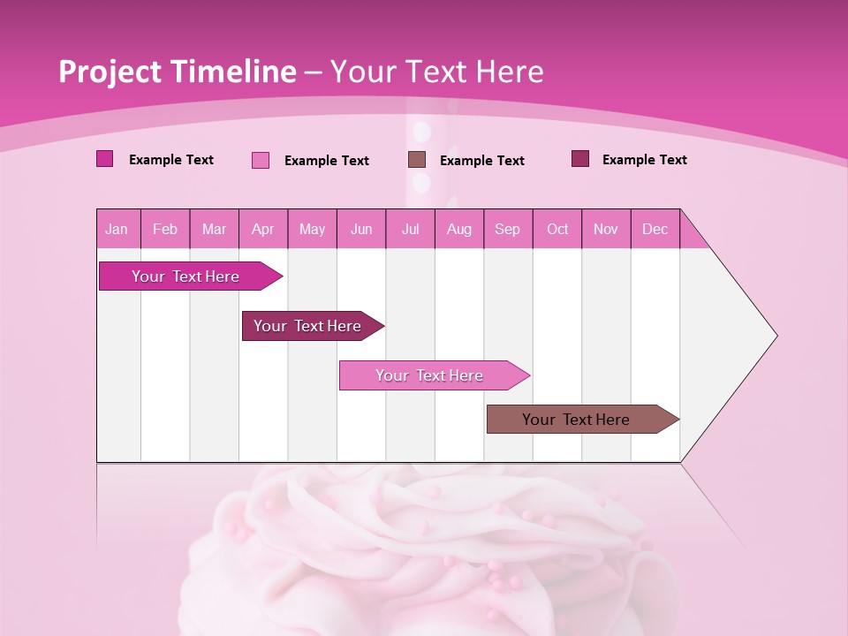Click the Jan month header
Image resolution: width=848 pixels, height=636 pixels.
(117, 229)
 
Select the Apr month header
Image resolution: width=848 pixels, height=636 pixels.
(263, 229)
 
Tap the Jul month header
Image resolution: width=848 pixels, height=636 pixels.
(411, 229)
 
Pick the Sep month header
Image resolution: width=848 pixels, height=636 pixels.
(508, 229)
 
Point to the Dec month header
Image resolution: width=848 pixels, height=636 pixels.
(655, 229)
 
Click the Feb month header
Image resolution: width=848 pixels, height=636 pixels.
(165, 229)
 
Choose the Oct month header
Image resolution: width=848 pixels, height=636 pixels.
(557, 229)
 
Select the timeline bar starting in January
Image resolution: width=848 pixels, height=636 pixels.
(185, 276)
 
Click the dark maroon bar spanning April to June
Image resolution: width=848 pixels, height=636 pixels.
(307, 326)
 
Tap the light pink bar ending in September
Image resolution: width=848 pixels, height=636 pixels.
(429, 375)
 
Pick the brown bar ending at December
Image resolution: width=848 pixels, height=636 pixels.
(576, 420)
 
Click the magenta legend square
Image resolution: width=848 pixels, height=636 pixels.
(105, 159)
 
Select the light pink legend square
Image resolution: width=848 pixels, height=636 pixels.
(261, 160)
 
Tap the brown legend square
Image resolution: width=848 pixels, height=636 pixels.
(417, 160)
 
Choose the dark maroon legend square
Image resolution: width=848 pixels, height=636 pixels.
(580, 159)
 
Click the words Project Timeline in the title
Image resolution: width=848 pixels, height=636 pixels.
(177, 72)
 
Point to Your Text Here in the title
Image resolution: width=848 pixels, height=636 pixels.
(436, 72)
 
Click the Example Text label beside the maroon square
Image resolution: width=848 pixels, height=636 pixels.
(644, 160)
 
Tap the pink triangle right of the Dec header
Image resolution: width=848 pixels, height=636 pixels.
(691, 235)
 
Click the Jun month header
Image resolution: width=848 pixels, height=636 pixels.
(361, 229)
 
